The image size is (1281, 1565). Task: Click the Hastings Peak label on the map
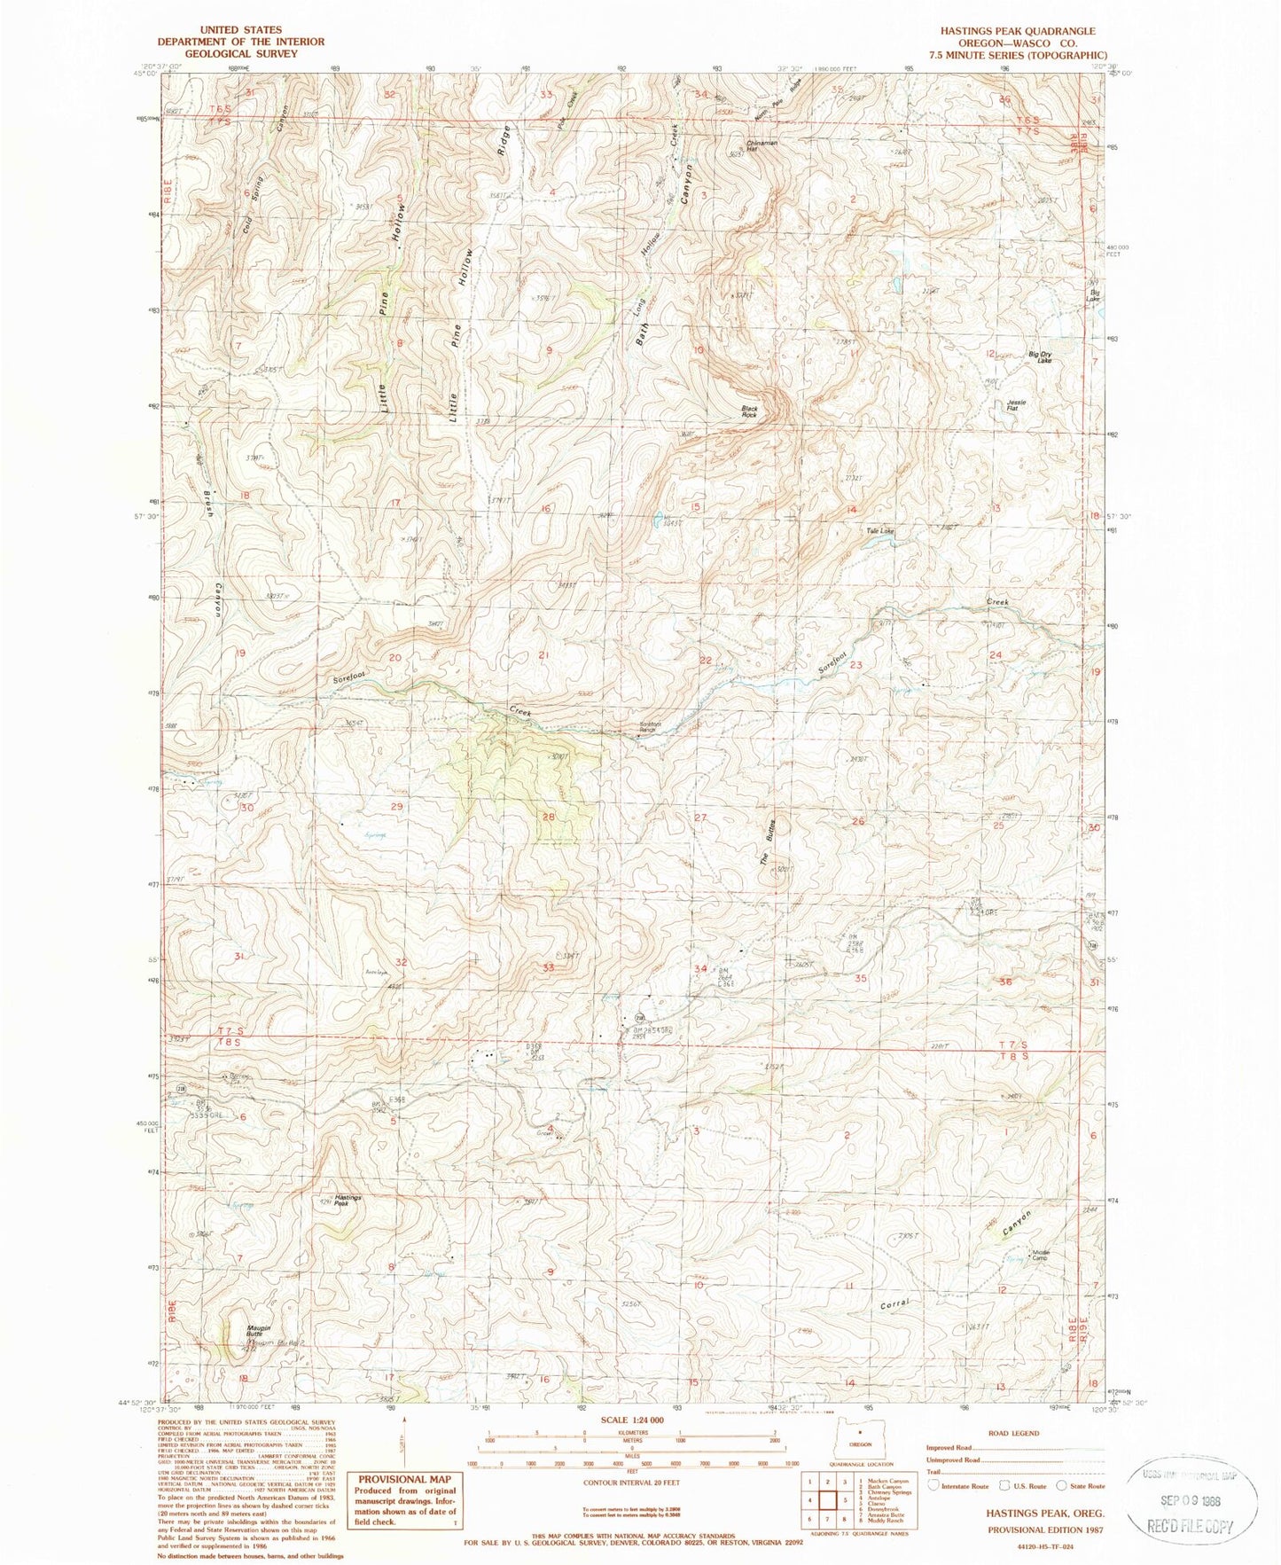coord(348,1200)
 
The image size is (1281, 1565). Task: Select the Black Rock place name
coord(749,411)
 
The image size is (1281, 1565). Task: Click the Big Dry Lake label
coord(1039,356)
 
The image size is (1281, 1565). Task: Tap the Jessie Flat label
coord(1016,405)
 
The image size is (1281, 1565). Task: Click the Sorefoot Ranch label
coord(651,727)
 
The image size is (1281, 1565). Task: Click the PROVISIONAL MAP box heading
coord(404,1479)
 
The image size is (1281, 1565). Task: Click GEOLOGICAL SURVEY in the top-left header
coord(240,53)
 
